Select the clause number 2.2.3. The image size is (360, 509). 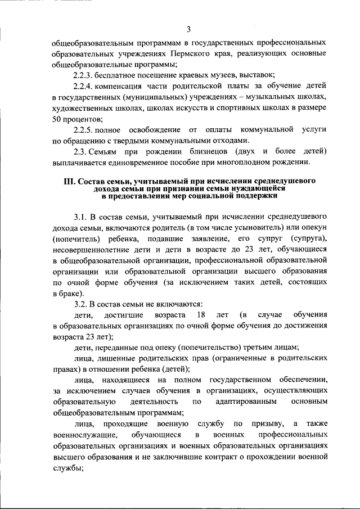(85, 75)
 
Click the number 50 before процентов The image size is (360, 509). (57, 119)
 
